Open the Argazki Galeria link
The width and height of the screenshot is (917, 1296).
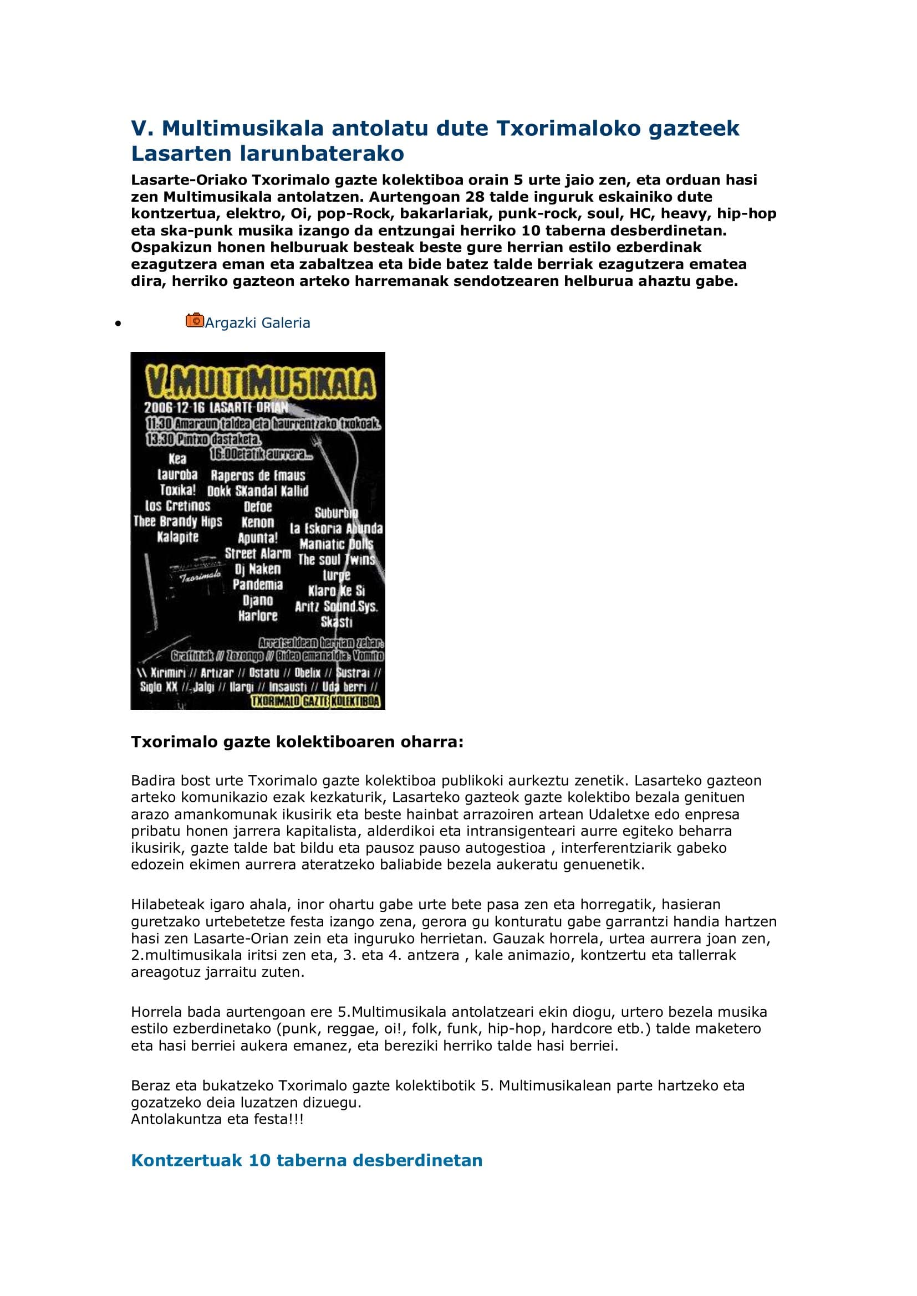pos(257,323)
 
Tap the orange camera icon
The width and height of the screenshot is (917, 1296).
pos(194,320)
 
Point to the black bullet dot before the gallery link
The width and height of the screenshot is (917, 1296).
pos(118,324)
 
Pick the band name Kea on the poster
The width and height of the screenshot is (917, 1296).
pos(177,459)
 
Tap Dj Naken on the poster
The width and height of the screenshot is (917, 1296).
pos(257,569)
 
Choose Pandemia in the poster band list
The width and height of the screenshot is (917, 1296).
pos(257,585)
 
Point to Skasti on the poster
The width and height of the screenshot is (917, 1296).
pos(337,622)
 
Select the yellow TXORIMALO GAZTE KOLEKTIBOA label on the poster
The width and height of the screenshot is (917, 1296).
pos(316,701)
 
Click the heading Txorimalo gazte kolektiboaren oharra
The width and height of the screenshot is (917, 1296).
pos(297,742)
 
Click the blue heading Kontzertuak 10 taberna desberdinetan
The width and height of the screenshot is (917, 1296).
pos(307,1160)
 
